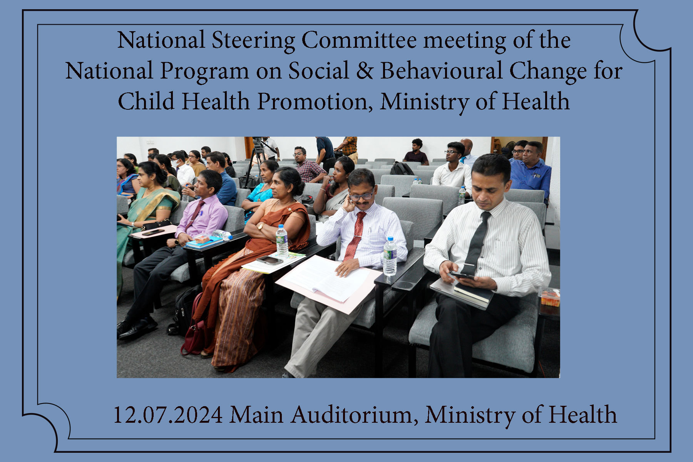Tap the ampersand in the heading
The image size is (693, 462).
pos(365,70)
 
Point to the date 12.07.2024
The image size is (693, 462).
pos(168,415)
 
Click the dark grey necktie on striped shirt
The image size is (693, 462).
pos(477,243)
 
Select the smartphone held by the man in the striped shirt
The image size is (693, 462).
pos(460,275)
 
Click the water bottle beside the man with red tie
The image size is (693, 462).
pos(390,256)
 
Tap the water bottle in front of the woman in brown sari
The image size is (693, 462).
pos(282,241)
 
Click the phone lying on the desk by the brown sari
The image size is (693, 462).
pos(269,260)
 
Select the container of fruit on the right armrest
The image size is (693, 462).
pos(549,297)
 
